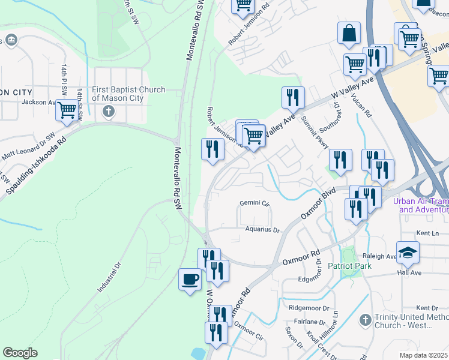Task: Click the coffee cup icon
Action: [x=190, y=280]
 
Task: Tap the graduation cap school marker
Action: [x=408, y=253]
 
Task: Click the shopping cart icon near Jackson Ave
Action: [x=67, y=111]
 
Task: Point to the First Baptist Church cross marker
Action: [x=108, y=111]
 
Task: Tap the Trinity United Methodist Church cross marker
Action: [x=364, y=321]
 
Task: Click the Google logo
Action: [x=20, y=353]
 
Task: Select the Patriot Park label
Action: [x=349, y=266]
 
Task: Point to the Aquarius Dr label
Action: [x=262, y=230]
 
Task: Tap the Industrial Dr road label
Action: [x=109, y=277]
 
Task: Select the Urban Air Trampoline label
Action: [x=421, y=206]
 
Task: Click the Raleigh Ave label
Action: [x=379, y=256]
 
